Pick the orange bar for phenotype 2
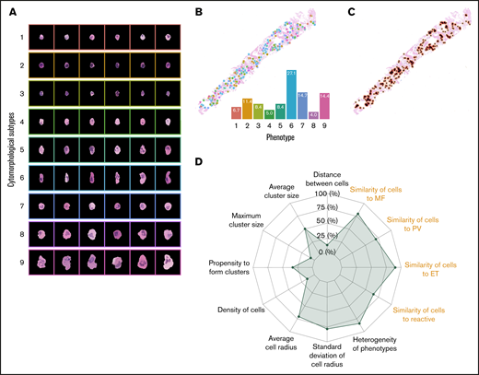pos(248,108)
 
